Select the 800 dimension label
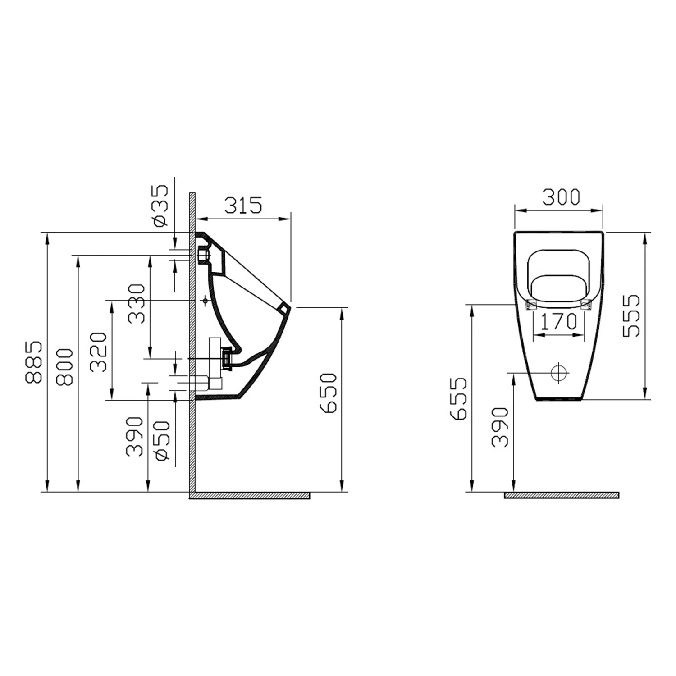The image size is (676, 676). pos(64,367)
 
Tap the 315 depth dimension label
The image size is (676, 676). pos(243,206)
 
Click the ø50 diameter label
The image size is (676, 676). pos(162,441)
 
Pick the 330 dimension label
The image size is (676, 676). pos(137,304)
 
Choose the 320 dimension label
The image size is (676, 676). pos(98,352)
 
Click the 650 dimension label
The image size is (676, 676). pos(328,393)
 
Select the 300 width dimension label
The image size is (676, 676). pos(561,197)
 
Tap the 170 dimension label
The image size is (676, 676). pos(558,321)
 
